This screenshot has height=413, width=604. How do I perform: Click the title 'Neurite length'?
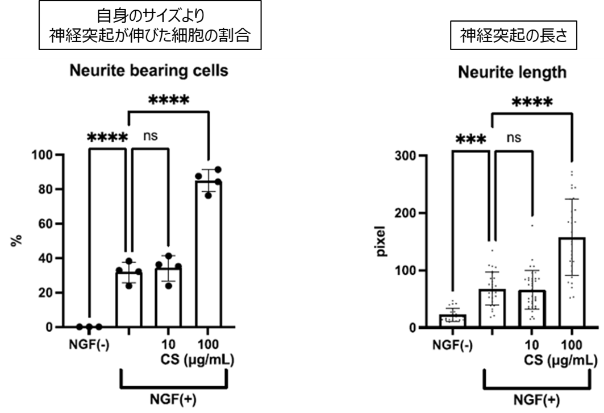pyautogui.click(x=513, y=73)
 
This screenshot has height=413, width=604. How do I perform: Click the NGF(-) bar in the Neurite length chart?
pyautogui.click(x=453, y=321)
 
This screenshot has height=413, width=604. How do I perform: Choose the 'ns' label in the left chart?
pyautogui.click(x=150, y=136)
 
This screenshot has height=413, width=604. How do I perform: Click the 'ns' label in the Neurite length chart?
pyautogui.click(x=514, y=138)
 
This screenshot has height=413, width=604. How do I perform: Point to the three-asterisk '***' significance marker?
pyautogui.click(x=470, y=140)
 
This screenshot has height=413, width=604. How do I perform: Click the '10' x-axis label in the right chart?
pyautogui.click(x=532, y=345)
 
